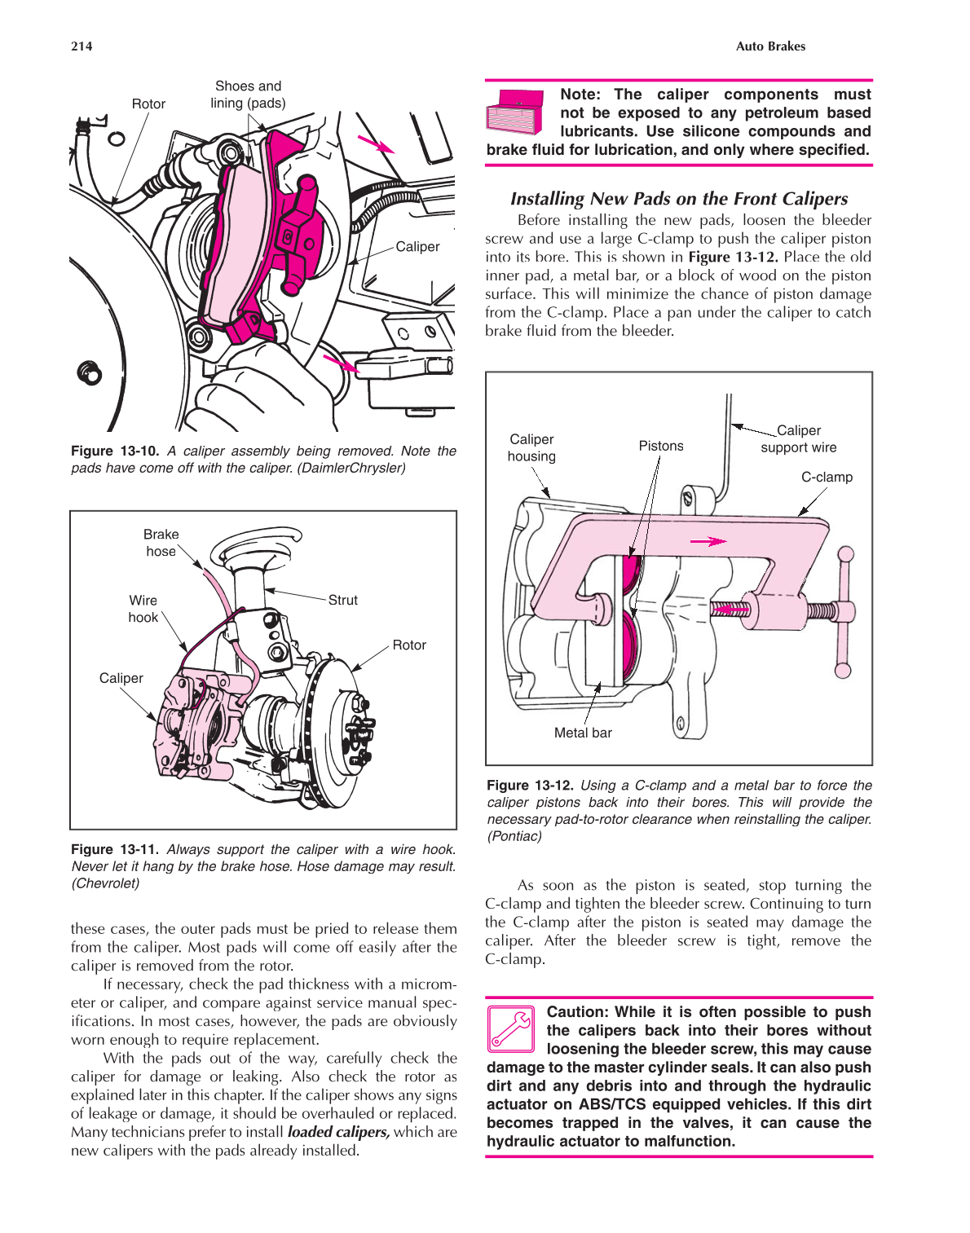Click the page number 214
tap(82, 46)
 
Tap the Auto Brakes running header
tap(769, 46)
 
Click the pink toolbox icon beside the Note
tap(515, 112)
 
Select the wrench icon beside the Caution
tap(511, 1028)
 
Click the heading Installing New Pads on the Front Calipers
tap(678, 199)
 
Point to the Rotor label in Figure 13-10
tap(148, 104)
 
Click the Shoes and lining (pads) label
tap(248, 95)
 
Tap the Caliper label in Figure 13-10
tap(417, 247)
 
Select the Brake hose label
tap(161, 543)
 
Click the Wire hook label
tap(143, 609)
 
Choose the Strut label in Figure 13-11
tap(342, 601)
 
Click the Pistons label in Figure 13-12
tap(661, 447)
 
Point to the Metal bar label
tap(583, 733)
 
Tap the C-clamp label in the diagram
tap(827, 478)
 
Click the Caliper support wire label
tap(798, 439)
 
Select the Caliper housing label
tap(531, 448)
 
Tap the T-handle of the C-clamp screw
tap(844, 612)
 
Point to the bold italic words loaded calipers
tap(338, 1132)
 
